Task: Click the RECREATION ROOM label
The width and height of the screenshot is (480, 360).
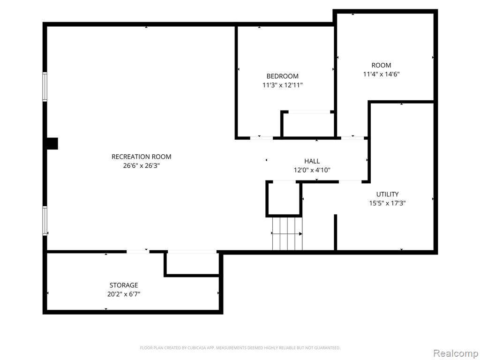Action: (141, 157)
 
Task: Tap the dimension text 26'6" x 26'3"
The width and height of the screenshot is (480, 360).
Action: (141, 166)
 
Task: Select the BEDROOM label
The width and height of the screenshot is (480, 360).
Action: (282, 76)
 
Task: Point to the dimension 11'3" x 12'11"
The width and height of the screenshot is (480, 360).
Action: (282, 85)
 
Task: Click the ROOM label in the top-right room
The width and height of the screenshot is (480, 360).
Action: (381, 65)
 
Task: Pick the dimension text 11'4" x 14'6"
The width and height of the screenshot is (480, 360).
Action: (381, 74)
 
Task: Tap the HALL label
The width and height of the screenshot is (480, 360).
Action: (312, 161)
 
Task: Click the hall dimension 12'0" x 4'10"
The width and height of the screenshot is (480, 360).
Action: (312, 170)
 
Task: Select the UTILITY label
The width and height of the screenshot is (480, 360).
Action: (387, 194)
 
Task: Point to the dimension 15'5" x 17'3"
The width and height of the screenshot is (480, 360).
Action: (387, 203)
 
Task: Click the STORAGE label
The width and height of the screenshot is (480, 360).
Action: (124, 285)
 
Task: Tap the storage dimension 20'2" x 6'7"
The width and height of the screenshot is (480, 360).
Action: (124, 294)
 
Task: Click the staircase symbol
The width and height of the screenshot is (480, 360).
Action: (287, 233)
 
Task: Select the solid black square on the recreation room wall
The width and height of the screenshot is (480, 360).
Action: (52, 143)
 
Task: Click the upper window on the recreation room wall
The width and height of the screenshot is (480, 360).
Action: (45, 87)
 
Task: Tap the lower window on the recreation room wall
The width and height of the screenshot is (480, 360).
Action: (45, 221)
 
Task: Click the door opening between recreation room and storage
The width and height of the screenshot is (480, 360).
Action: (138, 252)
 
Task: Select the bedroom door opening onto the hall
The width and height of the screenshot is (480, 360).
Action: (262, 138)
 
